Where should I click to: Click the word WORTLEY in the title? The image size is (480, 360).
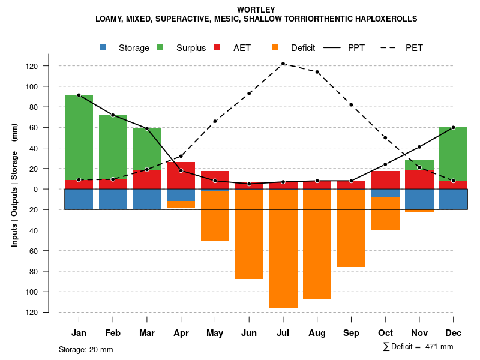point(256,10)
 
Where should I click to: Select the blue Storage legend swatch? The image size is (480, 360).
point(103,47)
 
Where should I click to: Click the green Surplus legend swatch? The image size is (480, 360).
point(160,47)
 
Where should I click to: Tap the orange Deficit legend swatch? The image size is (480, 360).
point(275,47)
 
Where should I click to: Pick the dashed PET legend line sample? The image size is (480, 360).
point(389,47)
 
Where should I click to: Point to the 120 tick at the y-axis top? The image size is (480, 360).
point(48,66)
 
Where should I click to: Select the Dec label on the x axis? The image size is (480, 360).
point(453,333)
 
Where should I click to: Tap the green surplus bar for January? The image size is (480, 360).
point(79,137)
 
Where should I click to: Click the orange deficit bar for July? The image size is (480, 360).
point(283,248)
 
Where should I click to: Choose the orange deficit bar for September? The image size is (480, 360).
point(351,229)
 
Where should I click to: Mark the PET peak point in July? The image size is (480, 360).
point(283,64)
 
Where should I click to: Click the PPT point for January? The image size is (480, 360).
point(79,95)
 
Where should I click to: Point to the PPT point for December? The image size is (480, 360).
point(453,127)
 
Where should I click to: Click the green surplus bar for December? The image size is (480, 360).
point(453,154)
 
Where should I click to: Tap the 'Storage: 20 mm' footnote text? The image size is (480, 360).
point(86,349)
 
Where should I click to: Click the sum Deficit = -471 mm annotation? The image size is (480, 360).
point(418,347)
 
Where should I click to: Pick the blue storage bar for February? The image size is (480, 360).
point(113,199)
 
